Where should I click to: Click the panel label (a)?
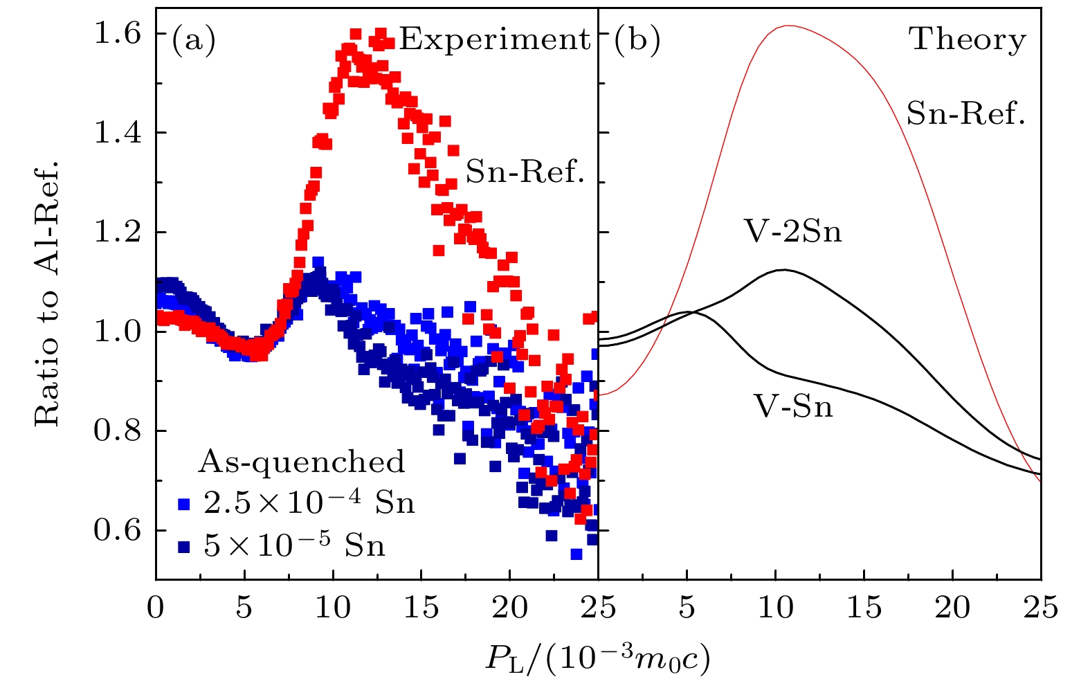[194, 40]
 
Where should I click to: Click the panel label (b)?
[637, 40]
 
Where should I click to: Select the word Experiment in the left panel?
[495, 39]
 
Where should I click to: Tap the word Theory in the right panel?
[968, 39]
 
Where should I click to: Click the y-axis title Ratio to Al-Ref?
[46, 294]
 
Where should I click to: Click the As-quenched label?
[302, 462]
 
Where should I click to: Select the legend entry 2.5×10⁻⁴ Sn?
[309, 503]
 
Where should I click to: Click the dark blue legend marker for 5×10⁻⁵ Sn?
[183, 547]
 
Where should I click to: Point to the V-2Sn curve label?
[793, 231]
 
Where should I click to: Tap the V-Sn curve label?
[793, 406]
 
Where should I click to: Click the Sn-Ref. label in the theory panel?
[965, 113]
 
